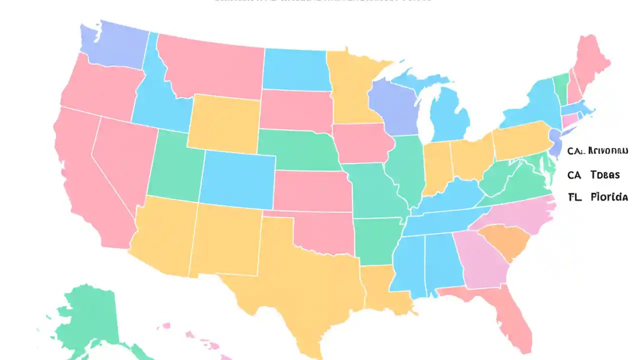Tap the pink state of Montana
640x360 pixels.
pos(212,67)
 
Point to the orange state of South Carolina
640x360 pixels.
pos(505,240)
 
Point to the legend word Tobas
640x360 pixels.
pos(604,174)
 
